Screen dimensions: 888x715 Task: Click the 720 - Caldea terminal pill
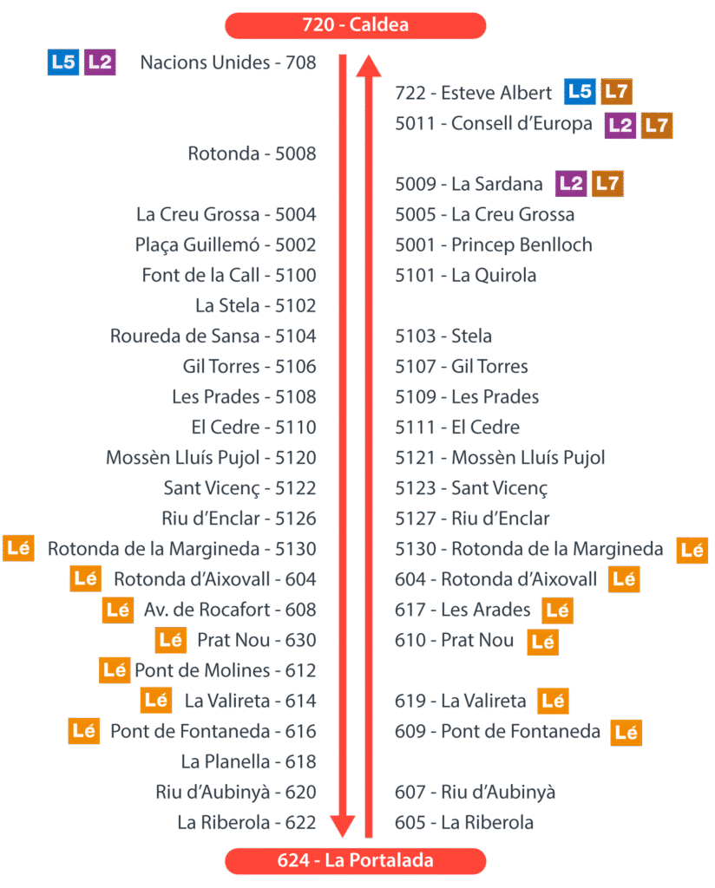click(x=355, y=25)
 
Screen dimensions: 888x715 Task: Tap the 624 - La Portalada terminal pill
click(x=355, y=861)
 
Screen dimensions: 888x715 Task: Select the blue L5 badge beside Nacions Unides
click(x=63, y=62)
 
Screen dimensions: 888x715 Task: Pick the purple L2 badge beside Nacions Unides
click(x=101, y=62)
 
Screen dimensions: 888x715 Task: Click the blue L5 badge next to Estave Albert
click(x=580, y=92)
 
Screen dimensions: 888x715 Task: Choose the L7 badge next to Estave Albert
click(x=616, y=92)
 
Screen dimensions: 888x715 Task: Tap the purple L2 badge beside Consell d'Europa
click(x=620, y=125)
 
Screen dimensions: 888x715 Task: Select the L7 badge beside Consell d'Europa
click(x=657, y=125)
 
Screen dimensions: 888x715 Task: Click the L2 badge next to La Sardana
click(x=572, y=184)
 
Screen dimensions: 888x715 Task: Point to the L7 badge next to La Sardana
click(x=607, y=184)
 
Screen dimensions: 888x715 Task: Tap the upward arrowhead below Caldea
click(x=369, y=66)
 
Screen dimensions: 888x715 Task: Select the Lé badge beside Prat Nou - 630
click(x=171, y=640)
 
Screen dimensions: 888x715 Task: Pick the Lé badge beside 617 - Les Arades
click(x=557, y=610)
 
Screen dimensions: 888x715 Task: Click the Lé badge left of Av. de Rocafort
click(x=118, y=610)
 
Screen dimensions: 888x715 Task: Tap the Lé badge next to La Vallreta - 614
click(x=156, y=699)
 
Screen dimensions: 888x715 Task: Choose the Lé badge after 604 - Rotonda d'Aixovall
click(x=624, y=579)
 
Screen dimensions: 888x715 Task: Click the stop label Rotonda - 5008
click(x=252, y=154)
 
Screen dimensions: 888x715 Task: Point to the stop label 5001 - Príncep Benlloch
click(x=493, y=245)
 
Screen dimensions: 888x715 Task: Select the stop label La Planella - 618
click(x=248, y=761)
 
